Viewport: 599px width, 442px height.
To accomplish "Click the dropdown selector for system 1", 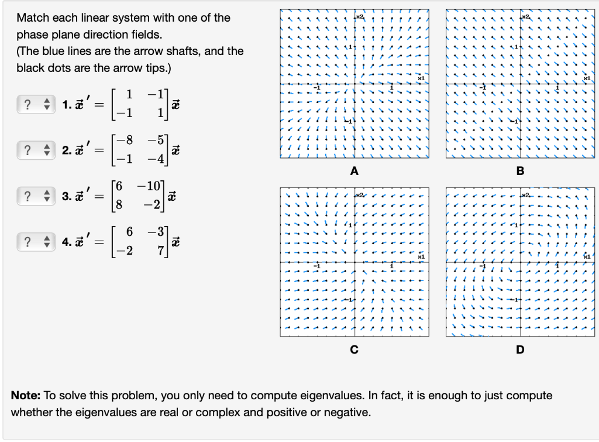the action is click(x=33, y=104).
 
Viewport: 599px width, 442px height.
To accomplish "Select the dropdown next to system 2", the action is click(x=33, y=150).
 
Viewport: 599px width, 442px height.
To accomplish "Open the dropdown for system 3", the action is click(x=33, y=195).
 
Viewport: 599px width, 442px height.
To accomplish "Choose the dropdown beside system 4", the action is click(x=33, y=241).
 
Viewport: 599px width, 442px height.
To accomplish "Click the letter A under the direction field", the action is click(x=353, y=171).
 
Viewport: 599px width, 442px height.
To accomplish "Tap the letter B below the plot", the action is click(x=520, y=171).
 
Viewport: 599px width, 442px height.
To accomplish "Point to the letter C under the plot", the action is click(x=353, y=350).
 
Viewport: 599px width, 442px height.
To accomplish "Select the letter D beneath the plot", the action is click(x=520, y=350).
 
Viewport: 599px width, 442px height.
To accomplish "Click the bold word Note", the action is click(x=25, y=395).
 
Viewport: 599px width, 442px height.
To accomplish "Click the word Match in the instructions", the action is click(x=32, y=18).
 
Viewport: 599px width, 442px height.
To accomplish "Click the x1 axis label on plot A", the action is click(x=420, y=78).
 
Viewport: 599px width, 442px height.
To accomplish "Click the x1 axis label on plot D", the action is click(x=587, y=256).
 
